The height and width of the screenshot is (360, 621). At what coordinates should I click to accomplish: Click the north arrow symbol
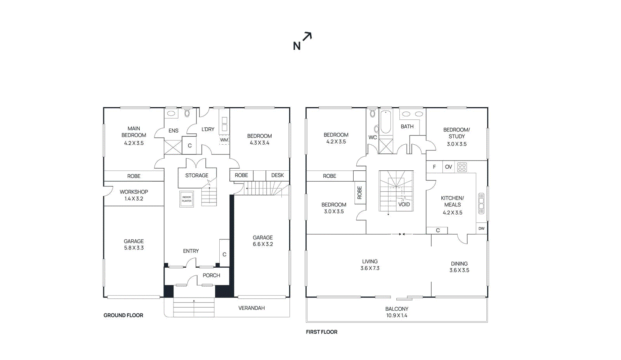307,37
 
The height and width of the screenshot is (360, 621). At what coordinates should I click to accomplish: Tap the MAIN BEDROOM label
134,132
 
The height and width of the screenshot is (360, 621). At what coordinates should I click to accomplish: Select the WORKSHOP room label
134,192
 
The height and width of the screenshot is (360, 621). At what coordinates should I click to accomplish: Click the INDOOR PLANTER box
187,199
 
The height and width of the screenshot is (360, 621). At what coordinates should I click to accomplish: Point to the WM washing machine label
224,140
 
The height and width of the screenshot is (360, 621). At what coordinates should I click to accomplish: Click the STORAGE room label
196,175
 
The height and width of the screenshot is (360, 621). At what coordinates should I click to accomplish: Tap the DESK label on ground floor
277,175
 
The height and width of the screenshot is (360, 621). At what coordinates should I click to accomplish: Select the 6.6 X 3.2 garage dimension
263,244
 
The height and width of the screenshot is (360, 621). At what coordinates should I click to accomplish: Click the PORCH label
211,275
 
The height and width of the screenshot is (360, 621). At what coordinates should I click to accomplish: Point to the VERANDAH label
252,308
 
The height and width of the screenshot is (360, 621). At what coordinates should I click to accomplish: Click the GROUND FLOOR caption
123,315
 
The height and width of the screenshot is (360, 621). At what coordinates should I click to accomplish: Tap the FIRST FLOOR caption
321,332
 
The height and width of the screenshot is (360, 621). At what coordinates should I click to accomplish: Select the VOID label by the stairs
404,204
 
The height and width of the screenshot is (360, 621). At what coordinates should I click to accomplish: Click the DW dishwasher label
481,228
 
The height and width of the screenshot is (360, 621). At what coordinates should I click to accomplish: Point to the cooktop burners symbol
462,167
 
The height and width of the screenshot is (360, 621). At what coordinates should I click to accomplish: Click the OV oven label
448,167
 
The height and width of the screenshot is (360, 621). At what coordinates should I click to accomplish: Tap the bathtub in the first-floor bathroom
385,122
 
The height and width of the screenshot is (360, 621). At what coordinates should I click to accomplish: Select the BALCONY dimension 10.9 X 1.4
397,315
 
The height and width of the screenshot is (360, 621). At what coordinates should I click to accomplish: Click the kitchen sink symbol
481,203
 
